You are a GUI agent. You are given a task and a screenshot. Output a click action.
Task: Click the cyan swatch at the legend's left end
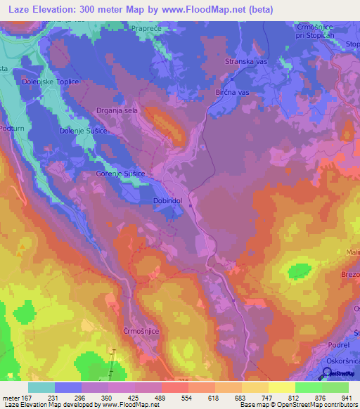[41, 387]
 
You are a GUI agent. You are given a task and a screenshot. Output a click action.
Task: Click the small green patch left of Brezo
[301, 271]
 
